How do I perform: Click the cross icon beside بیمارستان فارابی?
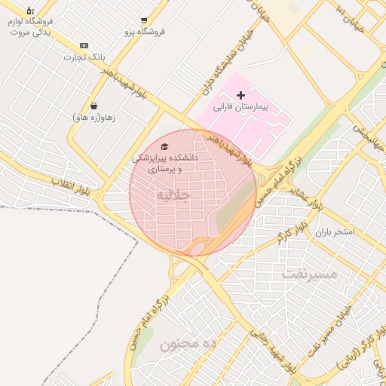click(x=240, y=95)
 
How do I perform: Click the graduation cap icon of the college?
click(x=164, y=146)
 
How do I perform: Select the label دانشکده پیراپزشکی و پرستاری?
click(x=164, y=164)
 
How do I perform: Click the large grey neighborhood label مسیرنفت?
click(x=309, y=274)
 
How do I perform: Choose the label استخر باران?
click(x=335, y=232)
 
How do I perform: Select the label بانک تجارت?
click(x=83, y=57)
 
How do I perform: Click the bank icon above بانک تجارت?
click(x=83, y=46)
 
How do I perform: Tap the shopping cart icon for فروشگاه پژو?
click(x=143, y=20)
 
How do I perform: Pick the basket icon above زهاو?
click(x=93, y=106)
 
